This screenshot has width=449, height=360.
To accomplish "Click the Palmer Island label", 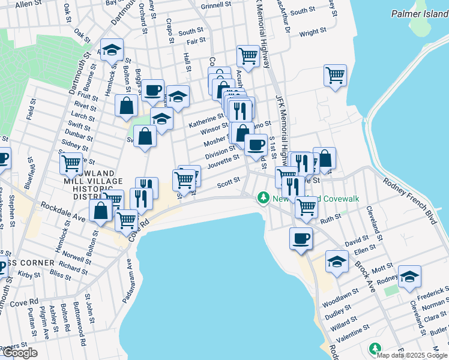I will pyautogui.click(x=418, y=13).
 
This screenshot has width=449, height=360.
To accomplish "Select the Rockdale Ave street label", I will pyautogui.click(x=60, y=210).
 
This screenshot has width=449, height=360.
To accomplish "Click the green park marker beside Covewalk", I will pyautogui.click(x=262, y=197).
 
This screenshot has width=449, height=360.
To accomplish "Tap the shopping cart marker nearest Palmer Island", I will pyautogui.click(x=335, y=76).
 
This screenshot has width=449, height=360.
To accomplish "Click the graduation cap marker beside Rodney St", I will pyautogui.click(x=409, y=276).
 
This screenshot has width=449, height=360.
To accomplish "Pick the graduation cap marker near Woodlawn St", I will pyautogui.click(x=337, y=261).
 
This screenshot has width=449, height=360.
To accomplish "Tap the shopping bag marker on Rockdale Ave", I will pyautogui.click(x=101, y=211).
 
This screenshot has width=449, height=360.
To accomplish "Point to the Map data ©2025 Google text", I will pyautogui.click(x=411, y=355).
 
